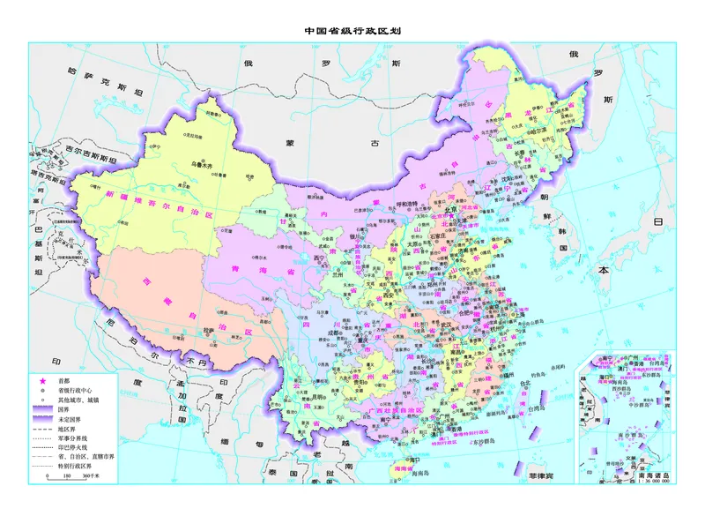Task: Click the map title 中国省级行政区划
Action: tap(352, 30)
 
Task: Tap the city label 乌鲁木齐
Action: tap(204, 165)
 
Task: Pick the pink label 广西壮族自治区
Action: tap(405, 411)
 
